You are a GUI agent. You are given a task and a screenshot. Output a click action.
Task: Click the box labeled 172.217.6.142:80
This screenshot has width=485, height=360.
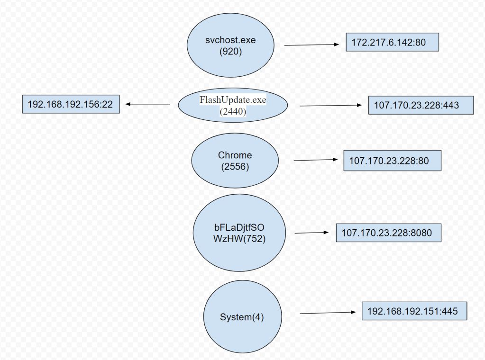392,43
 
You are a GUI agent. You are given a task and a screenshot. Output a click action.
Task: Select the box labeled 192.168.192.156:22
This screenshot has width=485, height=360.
71,104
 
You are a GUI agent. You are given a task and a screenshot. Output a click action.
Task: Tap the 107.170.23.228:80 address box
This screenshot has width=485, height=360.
392,161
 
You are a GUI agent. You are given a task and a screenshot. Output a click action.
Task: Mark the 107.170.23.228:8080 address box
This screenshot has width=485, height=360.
389,233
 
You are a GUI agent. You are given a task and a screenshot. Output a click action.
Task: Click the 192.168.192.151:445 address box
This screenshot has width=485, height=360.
414,311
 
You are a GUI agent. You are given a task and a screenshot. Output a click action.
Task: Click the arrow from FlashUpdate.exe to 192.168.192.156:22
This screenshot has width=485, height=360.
147,104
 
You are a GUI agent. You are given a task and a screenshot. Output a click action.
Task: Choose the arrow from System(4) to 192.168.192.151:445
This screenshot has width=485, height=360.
328,313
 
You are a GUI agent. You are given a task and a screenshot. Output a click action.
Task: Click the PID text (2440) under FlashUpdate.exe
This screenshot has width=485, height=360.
233,112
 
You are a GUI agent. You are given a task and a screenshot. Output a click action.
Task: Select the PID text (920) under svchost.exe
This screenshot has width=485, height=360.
231,52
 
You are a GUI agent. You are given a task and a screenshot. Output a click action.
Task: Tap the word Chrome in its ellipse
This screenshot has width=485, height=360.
235,155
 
